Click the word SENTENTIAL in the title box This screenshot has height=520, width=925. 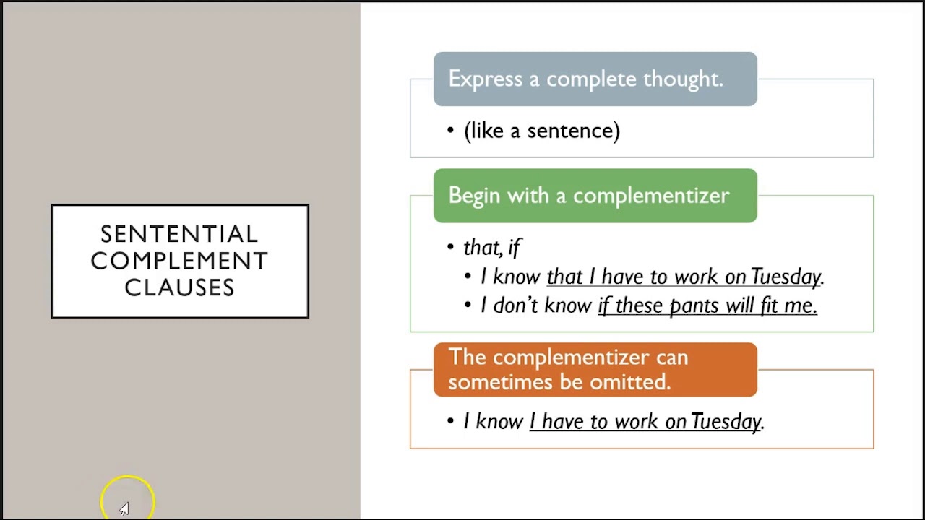tap(179, 234)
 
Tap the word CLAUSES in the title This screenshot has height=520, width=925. tap(179, 287)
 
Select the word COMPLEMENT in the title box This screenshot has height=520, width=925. tap(179, 261)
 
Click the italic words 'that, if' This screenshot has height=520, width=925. tap(492, 248)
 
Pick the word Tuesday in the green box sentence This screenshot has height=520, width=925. tap(786, 277)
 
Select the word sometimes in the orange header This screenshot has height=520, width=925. tap(491, 382)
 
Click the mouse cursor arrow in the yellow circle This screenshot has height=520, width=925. tap(124, 509)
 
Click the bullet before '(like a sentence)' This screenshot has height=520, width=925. tap(451, 131)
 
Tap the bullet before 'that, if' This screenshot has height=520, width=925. tap(451, 247)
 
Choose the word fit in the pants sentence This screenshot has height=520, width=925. tap(770, 305)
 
